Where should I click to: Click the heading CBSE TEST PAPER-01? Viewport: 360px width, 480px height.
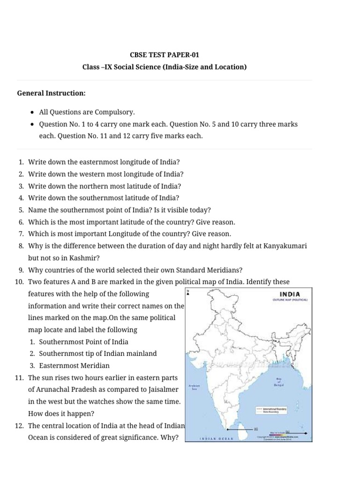165,55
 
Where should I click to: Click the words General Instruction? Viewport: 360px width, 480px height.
51,93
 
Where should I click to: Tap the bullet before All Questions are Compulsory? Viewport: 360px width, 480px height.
31,112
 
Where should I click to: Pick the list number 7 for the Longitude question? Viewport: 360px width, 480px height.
21,234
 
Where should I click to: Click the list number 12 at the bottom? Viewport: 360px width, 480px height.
19,426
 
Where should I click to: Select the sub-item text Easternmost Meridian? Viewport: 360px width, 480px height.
75,366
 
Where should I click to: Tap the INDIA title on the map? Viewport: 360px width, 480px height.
290,294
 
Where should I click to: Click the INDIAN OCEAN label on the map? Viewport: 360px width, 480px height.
216,439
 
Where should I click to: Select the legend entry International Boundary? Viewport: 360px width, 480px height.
274,409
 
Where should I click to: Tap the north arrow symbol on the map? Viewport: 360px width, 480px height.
188,293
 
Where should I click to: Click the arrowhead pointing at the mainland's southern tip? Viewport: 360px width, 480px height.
227,429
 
